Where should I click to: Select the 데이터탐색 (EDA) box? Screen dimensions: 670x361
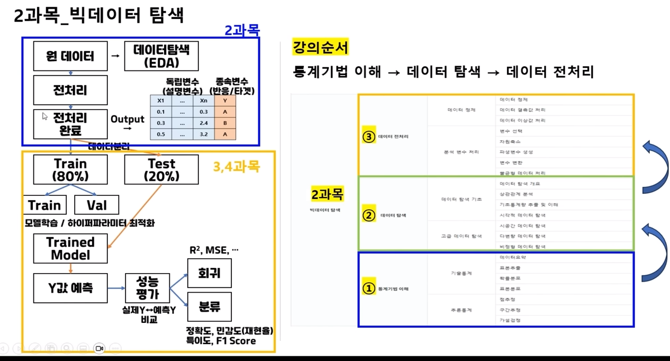(x=161, y=56)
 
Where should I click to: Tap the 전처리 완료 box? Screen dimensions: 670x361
(x=70, y=123)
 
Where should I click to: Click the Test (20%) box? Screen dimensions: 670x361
(x=161, y=169)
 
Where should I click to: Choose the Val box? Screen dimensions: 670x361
(x=96, y=205)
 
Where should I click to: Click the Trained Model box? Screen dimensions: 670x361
(x=70, y=248)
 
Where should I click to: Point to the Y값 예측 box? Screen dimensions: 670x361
(x=70, y=287)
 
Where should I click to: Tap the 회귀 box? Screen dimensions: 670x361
(x=210, y=273)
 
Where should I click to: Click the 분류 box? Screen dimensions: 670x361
(x=210, y=306)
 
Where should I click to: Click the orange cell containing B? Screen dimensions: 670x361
(x=225, y=123)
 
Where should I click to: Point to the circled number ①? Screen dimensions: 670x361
(x=368, y=288)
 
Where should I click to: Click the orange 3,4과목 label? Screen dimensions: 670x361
(x=236, y=167)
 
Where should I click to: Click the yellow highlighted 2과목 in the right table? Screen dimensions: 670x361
(x=327, y=194)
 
